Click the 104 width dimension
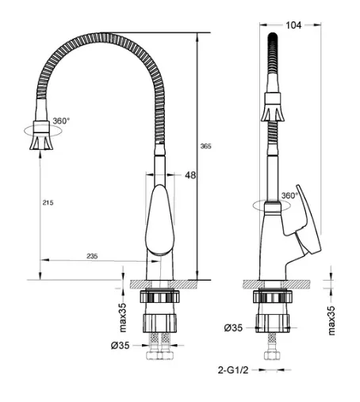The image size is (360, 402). [293, 25]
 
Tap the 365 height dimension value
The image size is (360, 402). [205, 146]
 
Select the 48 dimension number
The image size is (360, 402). [190, 175]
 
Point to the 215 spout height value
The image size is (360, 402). [48, 203]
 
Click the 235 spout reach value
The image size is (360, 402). [92, 256]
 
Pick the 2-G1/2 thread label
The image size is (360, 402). [233, 370]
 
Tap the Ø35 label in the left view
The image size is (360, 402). [121, 346]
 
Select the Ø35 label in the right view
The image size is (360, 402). [233, 328]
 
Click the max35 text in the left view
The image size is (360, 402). [123, 317]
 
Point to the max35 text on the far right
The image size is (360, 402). [331, 320]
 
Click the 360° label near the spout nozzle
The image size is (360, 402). [61, 121]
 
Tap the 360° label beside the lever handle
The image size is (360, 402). [289, 196]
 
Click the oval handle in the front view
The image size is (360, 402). [160, 220]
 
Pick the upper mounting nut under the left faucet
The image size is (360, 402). [159, 297]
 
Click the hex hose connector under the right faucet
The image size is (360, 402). [272, 355]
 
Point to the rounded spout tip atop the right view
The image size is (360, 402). [273, 36]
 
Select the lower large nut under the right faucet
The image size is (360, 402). [273, 323]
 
